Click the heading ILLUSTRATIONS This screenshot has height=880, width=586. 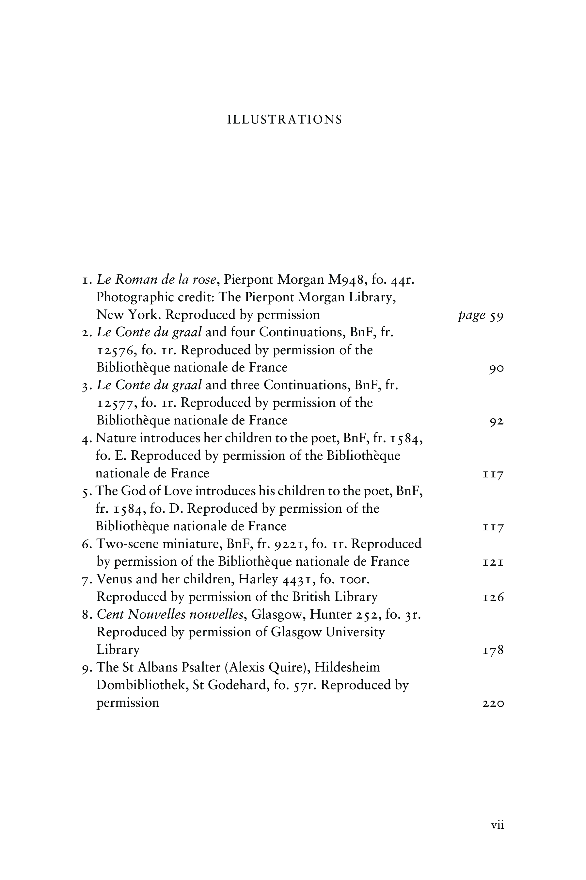coord(285,120)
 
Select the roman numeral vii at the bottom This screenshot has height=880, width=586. coord(498,825)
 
